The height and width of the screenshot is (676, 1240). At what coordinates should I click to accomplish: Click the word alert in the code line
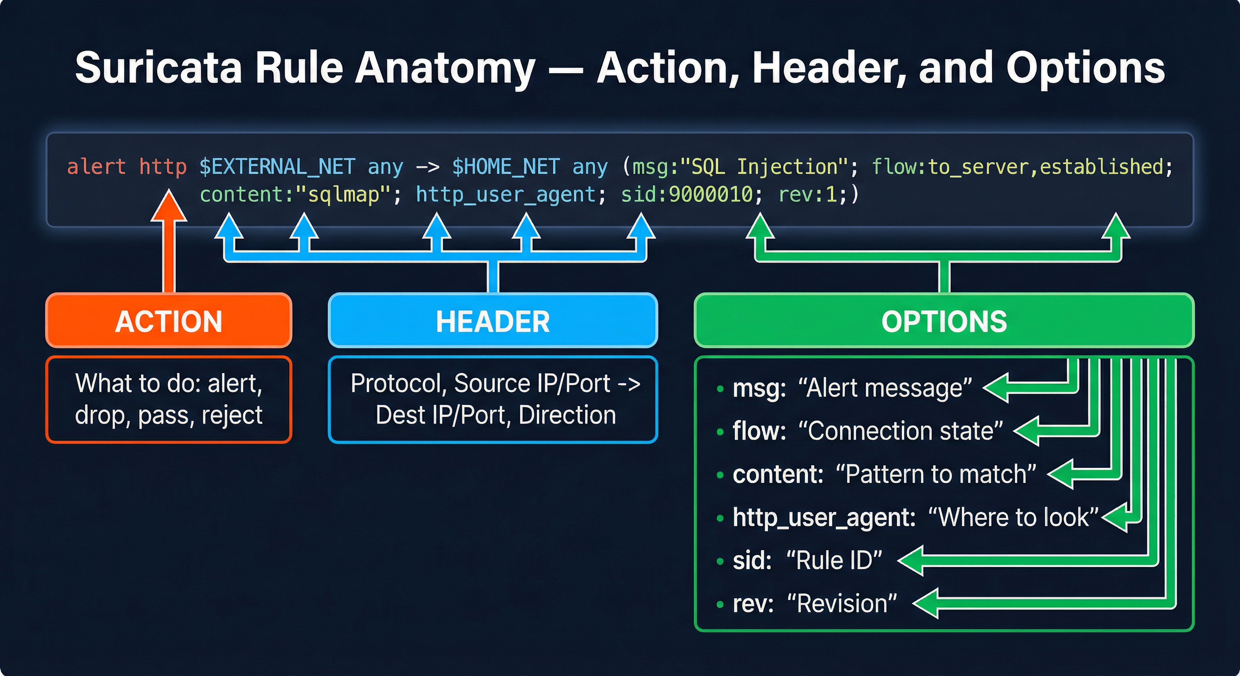point(96,167)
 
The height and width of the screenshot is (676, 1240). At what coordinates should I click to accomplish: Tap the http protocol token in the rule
point(162,167)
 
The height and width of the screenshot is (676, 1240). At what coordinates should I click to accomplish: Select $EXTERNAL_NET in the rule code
point(277,167)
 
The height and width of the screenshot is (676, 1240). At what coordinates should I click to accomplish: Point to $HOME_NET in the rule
point(506,167)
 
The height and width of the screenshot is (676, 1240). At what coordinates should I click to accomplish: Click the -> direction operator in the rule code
point(428,167)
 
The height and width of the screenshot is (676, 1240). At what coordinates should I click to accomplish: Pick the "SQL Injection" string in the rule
point(764,167)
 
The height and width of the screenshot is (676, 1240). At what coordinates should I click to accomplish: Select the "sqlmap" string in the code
point(343,195)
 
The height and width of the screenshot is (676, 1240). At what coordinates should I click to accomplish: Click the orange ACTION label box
point(169,321)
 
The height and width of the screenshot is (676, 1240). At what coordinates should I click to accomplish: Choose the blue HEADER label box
point(492,321)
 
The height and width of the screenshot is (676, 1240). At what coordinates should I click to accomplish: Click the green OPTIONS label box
point(944,321)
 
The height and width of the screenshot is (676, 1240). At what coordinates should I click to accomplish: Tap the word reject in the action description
point(232,415)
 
